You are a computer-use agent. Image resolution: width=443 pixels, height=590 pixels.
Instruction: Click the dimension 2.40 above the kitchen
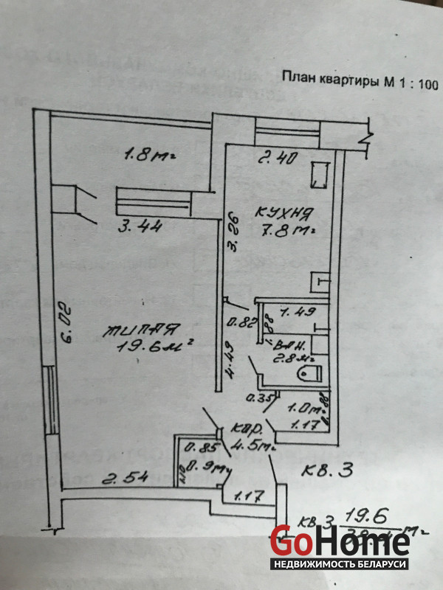point(273,157)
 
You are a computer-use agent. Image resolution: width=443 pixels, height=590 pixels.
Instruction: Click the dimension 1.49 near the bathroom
point(289,311)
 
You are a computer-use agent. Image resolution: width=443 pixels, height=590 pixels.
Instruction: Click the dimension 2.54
point(122,479)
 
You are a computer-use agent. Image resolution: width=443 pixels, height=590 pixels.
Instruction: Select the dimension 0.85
point(195,446)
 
